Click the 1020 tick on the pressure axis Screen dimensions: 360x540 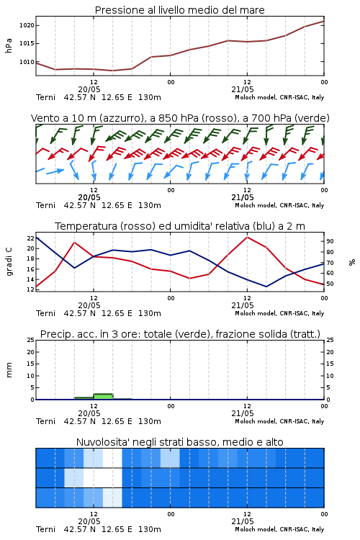coord(27,25)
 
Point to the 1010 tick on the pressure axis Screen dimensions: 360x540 coord(27,62)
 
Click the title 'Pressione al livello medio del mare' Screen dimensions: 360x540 coord(180,10)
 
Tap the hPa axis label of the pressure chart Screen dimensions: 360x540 coord(9,45)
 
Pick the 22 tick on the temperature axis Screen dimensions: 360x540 coord(31,238)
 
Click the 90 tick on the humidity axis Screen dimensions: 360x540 coord(330,241)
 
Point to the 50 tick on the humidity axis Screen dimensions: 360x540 coord(330,284)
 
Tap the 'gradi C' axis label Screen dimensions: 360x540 coord(9,262)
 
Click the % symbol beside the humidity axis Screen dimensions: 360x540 coord(352,262)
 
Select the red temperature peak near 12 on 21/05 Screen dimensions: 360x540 coord(247,238)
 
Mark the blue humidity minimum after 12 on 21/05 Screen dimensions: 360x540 coord(266,287)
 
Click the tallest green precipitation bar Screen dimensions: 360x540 coord(104,397)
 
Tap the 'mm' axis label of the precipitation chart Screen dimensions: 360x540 coord(9,370)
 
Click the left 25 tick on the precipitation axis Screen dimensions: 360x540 coord(31,340)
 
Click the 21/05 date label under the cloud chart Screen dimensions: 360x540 coord(243,521)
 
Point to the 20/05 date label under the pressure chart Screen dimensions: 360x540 coord(89,89)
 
